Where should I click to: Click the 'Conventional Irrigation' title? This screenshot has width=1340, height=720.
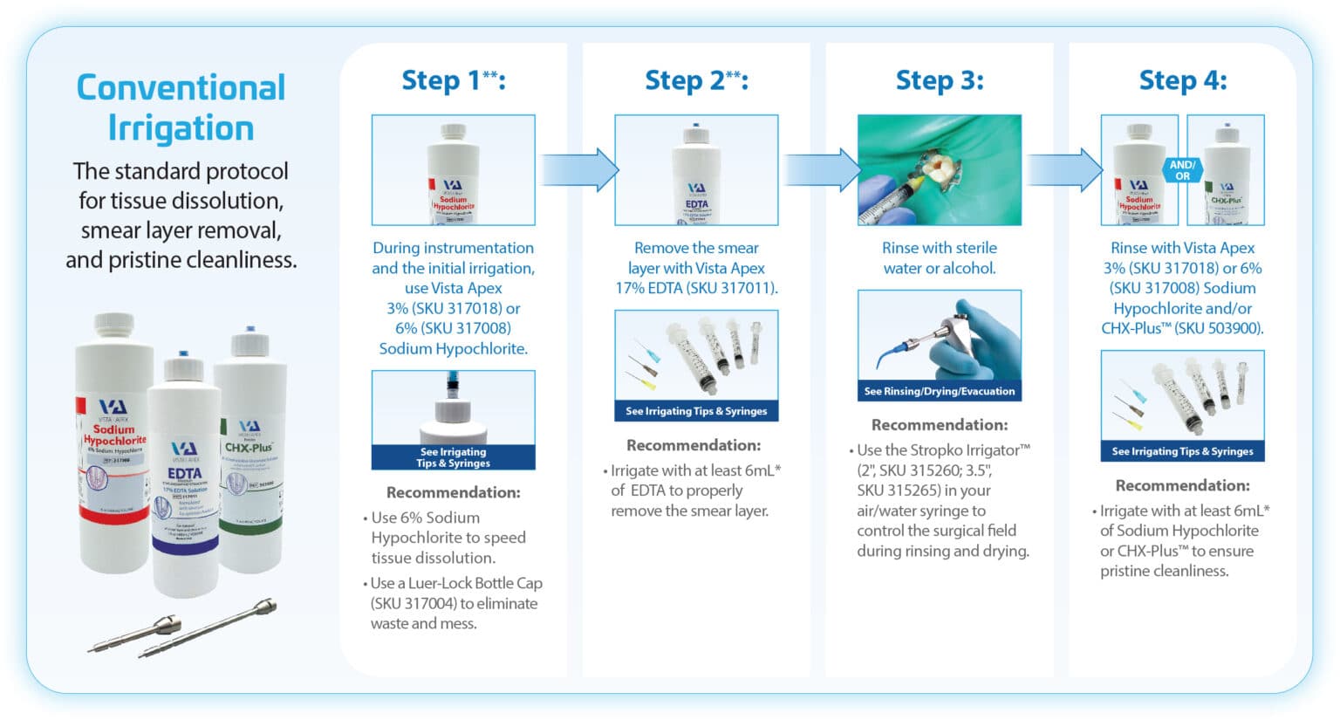181,107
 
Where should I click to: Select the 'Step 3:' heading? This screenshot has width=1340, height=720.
940,80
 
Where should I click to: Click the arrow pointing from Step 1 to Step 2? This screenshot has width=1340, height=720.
578,168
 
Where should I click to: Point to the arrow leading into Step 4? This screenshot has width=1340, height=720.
1063,168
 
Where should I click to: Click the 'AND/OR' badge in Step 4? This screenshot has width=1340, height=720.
1182,169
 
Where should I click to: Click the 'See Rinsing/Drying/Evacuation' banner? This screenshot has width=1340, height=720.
940,391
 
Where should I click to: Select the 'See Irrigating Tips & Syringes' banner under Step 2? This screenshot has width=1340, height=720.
696,411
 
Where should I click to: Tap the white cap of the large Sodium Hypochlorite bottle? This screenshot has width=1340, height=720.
114,326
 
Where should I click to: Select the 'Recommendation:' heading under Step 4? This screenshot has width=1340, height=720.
1182,485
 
